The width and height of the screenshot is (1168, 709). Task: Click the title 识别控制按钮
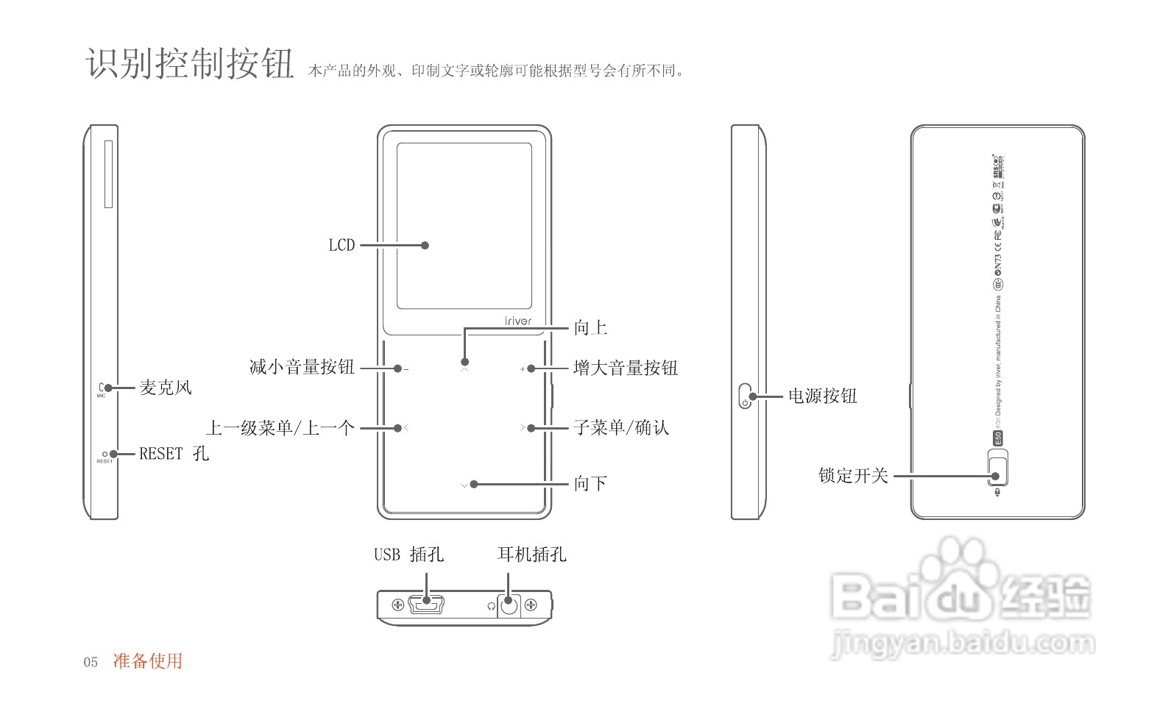pos(190,63)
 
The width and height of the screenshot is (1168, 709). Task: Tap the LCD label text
pos(341,246)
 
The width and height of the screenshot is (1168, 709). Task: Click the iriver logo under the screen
pos(517,321)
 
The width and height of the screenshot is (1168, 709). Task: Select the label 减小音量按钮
pos(302,367)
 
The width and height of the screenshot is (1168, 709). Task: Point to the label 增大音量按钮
pos(626,368)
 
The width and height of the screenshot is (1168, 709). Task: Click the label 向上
pos(590,328)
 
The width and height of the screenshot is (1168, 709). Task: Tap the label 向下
pos(590,483)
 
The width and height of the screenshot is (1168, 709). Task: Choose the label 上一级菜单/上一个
pos(280,427)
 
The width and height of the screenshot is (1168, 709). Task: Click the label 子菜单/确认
pos(621,427)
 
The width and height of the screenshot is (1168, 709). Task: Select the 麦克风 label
pos(166,388)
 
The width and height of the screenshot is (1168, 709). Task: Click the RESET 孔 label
pos(174,454)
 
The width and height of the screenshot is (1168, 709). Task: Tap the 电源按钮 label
pos(823,396)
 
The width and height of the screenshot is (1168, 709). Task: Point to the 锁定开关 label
pos(853,476)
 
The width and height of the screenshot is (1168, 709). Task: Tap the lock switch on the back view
pos(998,470)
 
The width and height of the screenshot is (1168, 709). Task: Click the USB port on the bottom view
pos(425,605)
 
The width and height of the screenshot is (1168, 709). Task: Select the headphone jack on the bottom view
pos(509,605)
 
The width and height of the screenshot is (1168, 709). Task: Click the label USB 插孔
pos(408,555)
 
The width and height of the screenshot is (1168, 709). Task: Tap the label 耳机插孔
pos(531,555)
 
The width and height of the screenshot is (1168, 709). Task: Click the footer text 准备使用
pos(147,660)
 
